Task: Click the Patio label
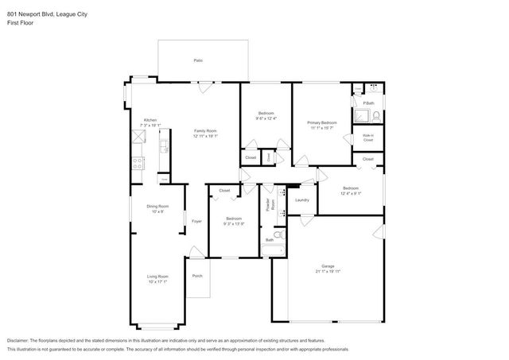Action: click(x=197, y=60)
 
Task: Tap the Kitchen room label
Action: click(x=150, y=120)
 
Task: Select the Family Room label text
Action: click(x=205, y=130)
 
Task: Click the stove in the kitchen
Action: click(x=138, y=165)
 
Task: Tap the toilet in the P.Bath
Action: click(x=375, y=116)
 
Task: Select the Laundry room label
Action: click(x=301, y=199)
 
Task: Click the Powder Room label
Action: click(x=272, y=204)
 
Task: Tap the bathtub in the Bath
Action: click(x=272, y=252)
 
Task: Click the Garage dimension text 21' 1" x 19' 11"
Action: click(x=327, y=272)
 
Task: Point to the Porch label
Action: click(x=197, y=276)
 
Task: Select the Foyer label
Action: click(x=196, y=221)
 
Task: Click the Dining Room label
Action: click(x=157, y=207)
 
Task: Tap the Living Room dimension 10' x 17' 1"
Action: click(x=157, y=281)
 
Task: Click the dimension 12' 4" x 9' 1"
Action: click(x=351, y=193)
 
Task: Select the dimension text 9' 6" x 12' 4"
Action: click(x=266, y=118)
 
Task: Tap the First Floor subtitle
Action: click(x=19, y=14)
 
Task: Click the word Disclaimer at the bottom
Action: click(x=21, y=339)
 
